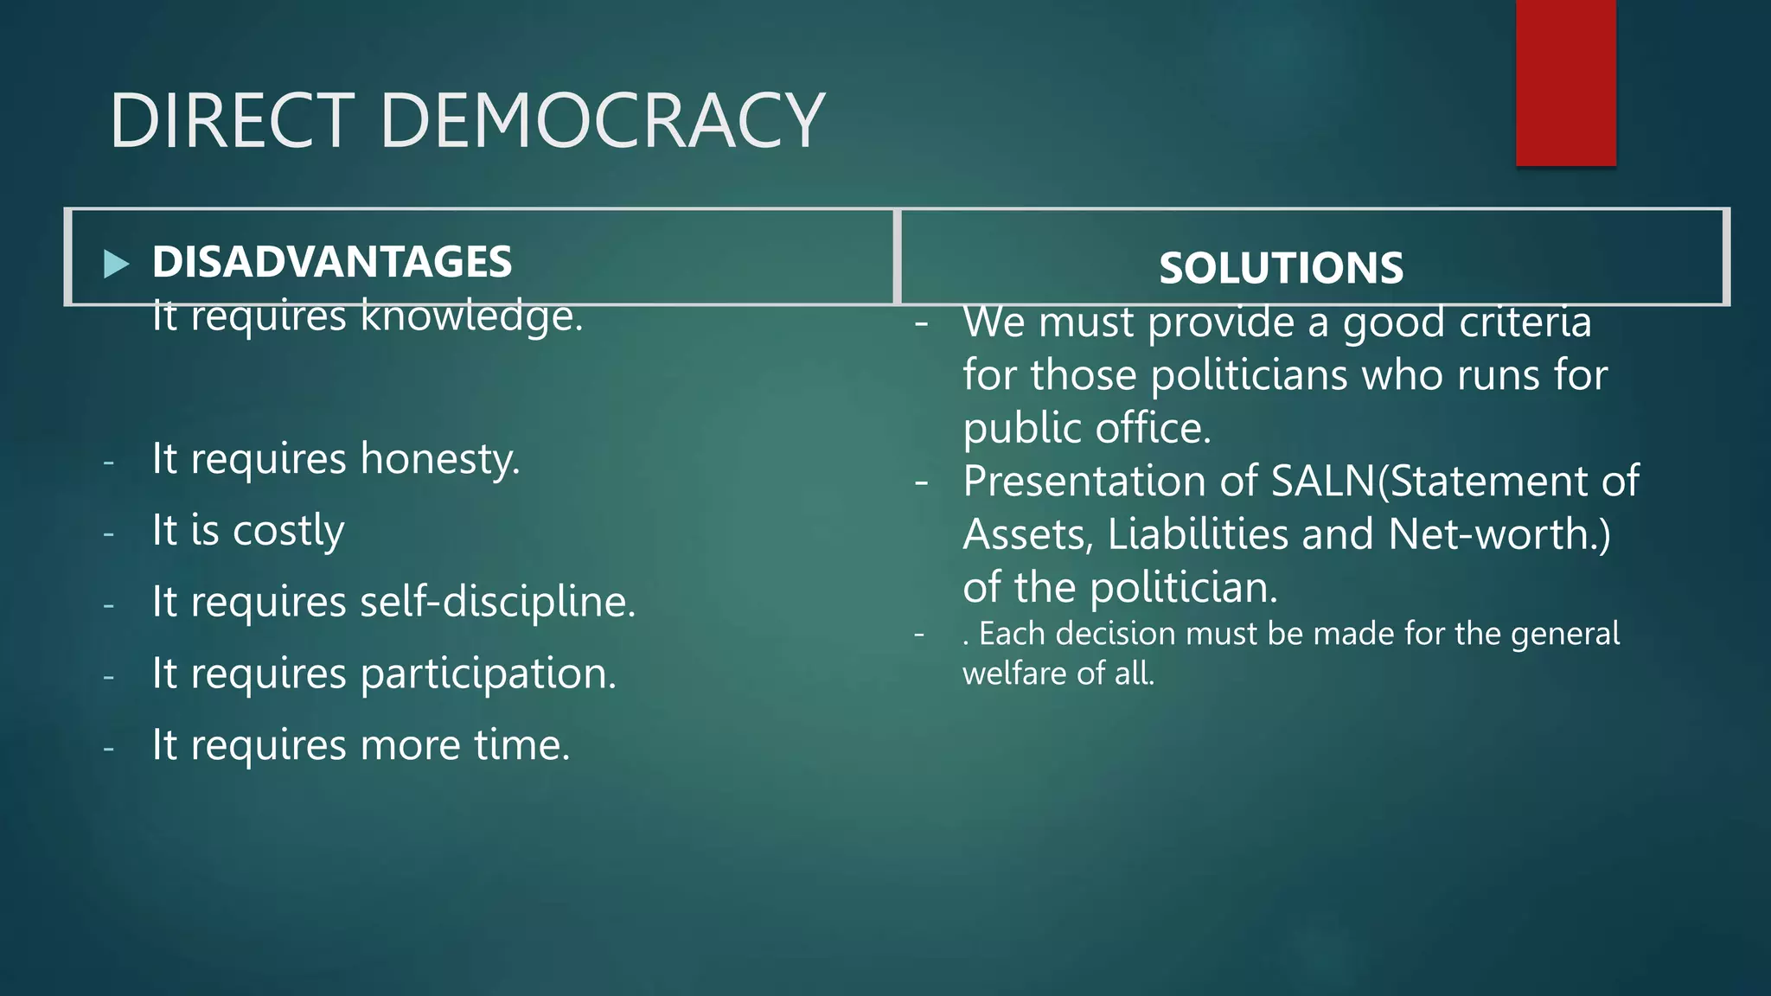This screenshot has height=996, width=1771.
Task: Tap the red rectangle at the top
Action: coord(1565,83)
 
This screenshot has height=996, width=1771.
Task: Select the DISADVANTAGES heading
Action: coord(332,261)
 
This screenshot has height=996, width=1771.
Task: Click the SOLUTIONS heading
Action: coord(1281,268)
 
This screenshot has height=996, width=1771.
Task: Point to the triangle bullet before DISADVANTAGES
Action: coord(116,264)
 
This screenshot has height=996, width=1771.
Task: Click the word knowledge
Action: coord(471,316)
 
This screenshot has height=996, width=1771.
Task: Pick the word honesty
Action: coord(439,459)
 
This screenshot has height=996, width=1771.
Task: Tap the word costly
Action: coord(288,531)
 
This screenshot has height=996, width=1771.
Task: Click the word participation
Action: coord(488,674)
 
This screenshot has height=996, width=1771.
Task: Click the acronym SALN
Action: coord(1322,481)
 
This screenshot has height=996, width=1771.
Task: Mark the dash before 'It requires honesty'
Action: coord(108,463)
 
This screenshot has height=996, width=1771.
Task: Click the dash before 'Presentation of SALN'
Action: coord(922,482)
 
